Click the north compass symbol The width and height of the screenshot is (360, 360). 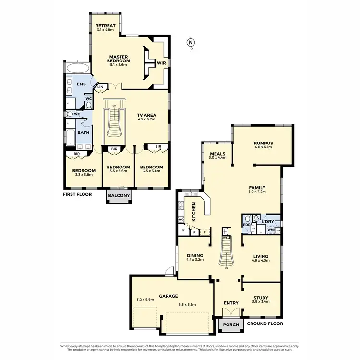click(x=191, y=43)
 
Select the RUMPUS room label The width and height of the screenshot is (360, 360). click(x=263, y=143)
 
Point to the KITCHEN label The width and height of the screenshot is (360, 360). click(x=194, y=212)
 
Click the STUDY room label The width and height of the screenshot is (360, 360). click(x=260, y=298)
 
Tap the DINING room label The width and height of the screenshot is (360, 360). click(x=195, y=255)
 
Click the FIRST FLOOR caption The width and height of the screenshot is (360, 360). click(x=78, y=195)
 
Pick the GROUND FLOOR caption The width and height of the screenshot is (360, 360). click(x=264, y=324)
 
